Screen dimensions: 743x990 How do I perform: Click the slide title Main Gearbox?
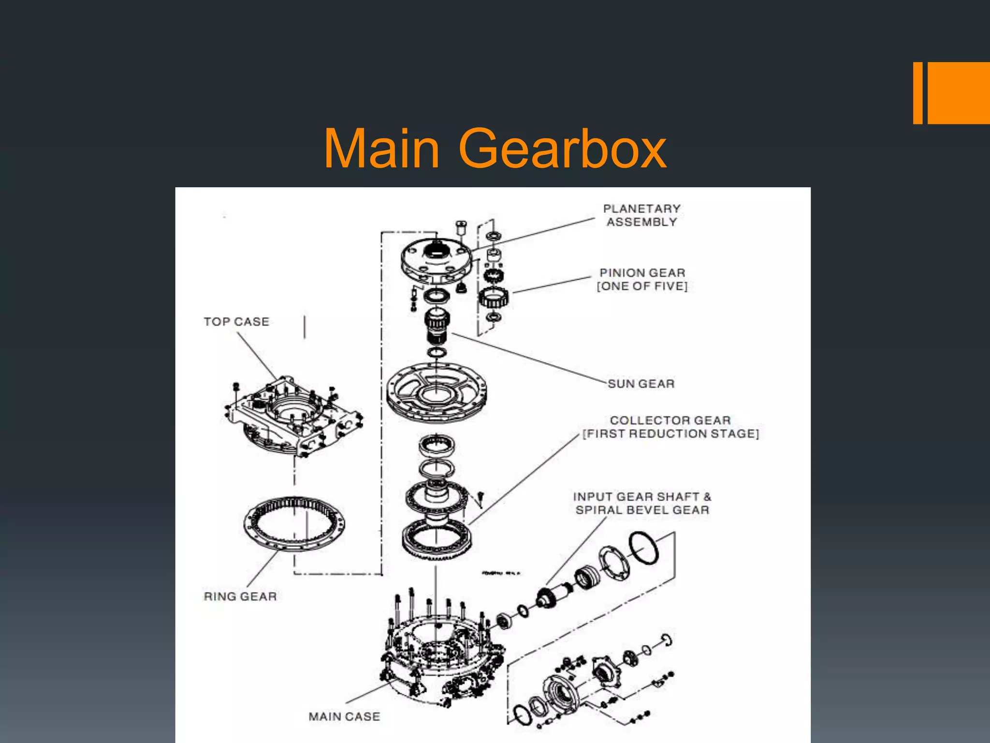(495, 149)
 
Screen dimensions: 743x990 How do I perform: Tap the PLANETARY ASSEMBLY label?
(641, 215)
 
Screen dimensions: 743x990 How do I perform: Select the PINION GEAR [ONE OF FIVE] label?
(642, 280)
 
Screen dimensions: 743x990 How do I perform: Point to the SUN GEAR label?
(641, 384)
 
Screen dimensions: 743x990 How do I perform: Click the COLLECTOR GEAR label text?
(670, 420)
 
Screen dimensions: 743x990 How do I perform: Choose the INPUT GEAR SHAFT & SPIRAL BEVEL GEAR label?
(642, 503)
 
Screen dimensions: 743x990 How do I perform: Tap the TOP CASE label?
(236, 322)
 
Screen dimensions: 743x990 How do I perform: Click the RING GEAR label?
(240, 596)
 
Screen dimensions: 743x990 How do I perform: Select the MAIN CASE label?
(344, 716)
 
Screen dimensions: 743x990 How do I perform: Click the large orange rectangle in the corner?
(958, 93)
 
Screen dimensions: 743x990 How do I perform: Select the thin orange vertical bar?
(917, 93)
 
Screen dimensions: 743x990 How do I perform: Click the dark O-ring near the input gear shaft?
(644, 548)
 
